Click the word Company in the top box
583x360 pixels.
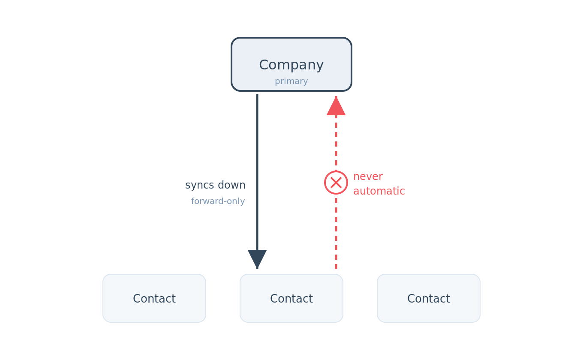(291, 65)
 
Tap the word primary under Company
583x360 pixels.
(291, 81)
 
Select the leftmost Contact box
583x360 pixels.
(154, 298)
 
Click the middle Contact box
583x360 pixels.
(291, 298)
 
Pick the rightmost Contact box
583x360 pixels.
(429, 298)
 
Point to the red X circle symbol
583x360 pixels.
(336, 183)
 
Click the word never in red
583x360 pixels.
(368, 177)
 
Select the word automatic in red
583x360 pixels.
(379, 191)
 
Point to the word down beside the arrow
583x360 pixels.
(231, 185)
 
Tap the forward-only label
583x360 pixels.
(218, 201)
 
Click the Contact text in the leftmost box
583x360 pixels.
(154, 299)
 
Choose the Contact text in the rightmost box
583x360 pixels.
(429, 299)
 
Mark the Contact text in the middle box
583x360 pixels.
(291, 299)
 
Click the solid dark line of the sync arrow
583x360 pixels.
(257, 172)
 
